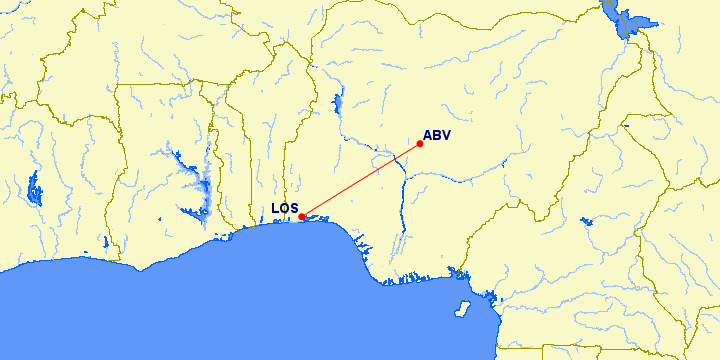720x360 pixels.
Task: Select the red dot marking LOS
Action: coord(302,216)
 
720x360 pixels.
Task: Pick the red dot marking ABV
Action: coord(420,144)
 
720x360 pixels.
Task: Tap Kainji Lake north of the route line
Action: coord(338,103)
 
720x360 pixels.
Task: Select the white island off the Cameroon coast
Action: coord(463,306)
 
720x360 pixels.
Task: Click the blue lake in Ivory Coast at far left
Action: coord(36,187)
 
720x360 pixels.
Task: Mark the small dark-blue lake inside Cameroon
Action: coord(586,222)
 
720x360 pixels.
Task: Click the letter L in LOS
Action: coord(276,209)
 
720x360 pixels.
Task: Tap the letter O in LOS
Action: coord(285,209)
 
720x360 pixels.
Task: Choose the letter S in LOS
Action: coord(295,209)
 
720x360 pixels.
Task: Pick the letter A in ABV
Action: coord(428,135)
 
